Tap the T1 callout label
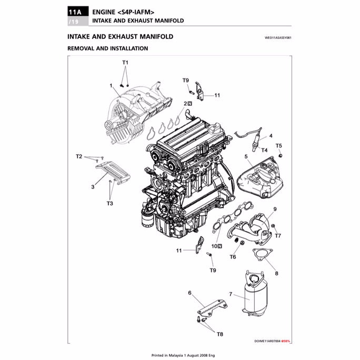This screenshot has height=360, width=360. point(125,62)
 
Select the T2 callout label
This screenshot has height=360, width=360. point(79,156)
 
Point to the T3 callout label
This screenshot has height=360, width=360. point(109,203)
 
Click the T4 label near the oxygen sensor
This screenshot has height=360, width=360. point(265,150)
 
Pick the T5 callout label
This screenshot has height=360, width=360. point(279,145)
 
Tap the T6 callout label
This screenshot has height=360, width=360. point(233,257)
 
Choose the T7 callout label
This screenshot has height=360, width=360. point(278,236)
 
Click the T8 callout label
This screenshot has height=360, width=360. point(219,334)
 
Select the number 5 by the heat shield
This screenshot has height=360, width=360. point(246,157)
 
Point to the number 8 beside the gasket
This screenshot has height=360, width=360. point(276,274)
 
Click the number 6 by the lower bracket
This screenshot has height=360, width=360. point(189,292)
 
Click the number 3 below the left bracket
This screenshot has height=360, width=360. point(93,187)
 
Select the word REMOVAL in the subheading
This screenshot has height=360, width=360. point(83,48)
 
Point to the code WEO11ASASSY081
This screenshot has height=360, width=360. point(277,38)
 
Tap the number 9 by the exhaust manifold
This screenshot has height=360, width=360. point(275,209)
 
